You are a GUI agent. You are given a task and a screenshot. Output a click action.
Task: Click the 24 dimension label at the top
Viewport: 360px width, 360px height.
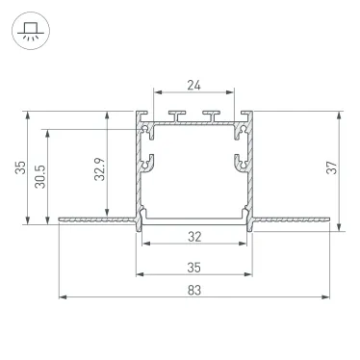193,85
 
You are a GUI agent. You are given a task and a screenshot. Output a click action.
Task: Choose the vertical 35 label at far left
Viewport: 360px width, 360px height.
20,168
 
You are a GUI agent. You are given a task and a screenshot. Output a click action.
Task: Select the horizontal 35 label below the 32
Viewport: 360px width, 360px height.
193,267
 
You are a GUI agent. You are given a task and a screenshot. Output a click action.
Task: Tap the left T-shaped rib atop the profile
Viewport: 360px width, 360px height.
178,116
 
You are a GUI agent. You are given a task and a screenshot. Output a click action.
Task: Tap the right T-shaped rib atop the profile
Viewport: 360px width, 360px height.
209,116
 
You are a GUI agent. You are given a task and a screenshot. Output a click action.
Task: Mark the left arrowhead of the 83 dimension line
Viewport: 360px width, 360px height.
62,296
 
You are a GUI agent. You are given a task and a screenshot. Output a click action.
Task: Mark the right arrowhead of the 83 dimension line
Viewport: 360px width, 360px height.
325,296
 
